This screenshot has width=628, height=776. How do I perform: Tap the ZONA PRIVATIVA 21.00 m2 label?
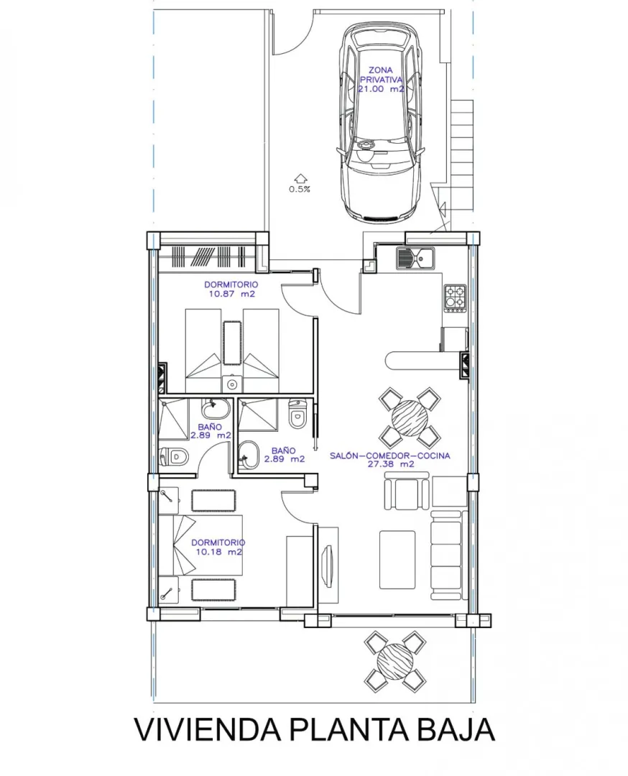point(381,80)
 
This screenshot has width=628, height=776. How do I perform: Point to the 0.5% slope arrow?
point(300,179)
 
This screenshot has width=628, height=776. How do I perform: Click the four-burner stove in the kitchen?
point(456,298)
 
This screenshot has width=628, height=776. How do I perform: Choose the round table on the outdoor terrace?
point(395,661)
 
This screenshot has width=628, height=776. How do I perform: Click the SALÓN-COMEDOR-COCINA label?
point(390,456)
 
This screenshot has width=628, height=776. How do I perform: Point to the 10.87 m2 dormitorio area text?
point(231,294)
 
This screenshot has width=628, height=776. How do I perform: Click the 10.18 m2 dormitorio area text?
point(218,552)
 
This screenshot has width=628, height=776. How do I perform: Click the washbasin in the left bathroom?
point(216,409)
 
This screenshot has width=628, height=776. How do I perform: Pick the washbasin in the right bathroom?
point(249,456)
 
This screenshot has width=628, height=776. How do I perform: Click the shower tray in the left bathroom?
point(173,419)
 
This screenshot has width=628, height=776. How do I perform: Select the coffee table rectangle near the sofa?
point(397,559)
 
